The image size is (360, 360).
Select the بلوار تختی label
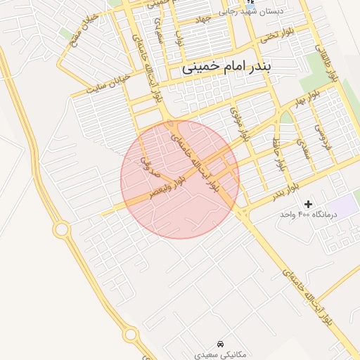[275, 35]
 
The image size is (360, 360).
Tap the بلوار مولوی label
[240, 124]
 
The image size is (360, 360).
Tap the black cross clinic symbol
[308, 203]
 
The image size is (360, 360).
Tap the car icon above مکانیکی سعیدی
[221, 344]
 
